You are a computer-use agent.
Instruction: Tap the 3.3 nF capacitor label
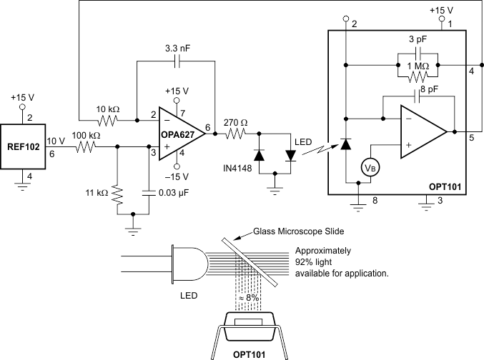coord(178,49)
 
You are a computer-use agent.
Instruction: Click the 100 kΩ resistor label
coord(85,135)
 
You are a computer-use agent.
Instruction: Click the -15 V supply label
coord(177,176)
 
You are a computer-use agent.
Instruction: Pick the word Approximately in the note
coord(323,251)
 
